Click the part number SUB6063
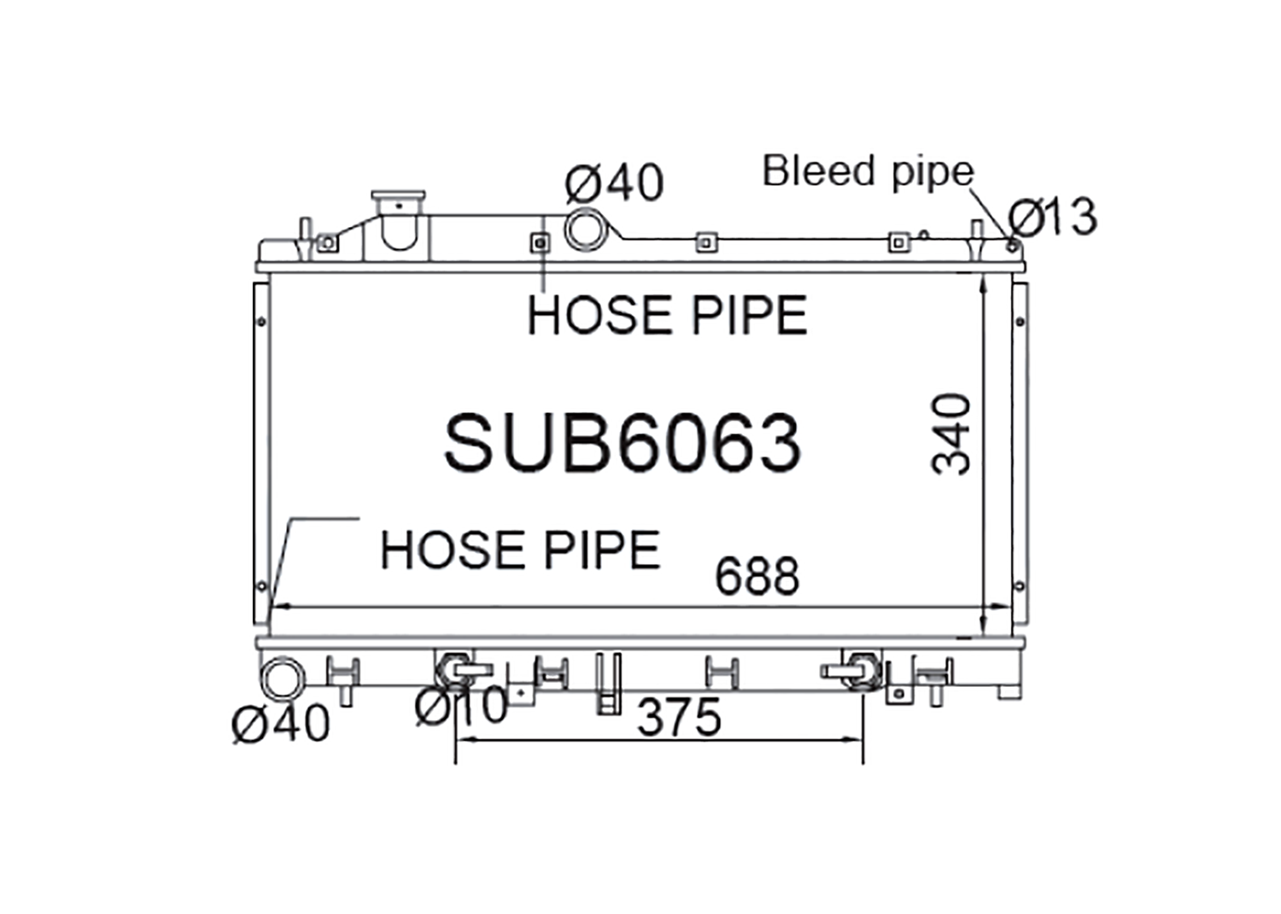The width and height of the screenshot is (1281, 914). point(623,443)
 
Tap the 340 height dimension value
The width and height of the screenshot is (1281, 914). point(951,434)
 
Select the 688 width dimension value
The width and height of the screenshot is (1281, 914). point(757,575)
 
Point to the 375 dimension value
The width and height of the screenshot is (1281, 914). point(679,718)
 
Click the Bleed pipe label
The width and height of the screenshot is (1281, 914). point(869,171)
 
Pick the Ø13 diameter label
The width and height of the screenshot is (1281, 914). point(1053,217)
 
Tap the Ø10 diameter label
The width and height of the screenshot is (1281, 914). point(461,706)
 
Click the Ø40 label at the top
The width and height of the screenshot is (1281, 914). point(614,183)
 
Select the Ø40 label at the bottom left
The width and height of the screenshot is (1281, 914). point(281,723)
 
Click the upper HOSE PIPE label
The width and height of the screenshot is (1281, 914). point(667,315)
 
